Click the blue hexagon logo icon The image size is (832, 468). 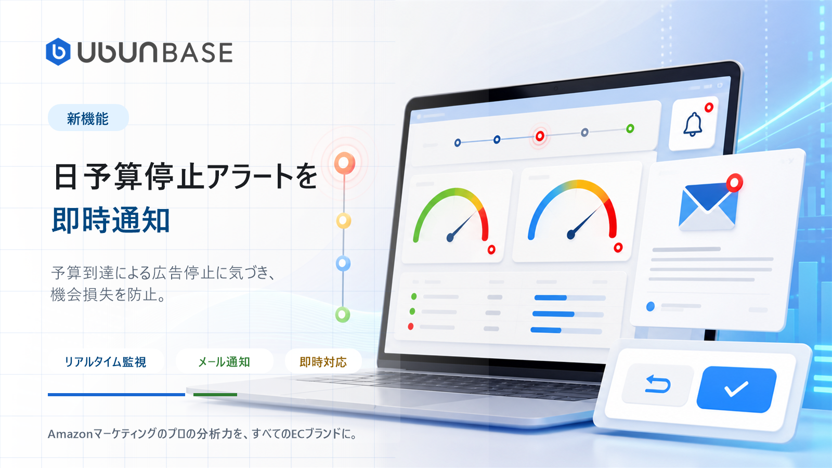(58, 51)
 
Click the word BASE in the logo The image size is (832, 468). (197, 53)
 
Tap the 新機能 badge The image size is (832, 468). (88, 118)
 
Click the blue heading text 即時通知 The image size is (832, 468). (111, 220)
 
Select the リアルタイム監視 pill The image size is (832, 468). (106, 361)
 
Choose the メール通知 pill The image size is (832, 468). (224, 361)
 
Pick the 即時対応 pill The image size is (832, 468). (323, 361)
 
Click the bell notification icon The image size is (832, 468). (693, 124)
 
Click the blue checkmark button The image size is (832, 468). (736, 389)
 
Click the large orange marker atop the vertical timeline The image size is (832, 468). (344, 163)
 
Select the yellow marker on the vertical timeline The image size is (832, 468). (344, 221)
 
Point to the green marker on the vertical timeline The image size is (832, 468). (343, 315)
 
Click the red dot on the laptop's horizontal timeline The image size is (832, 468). (540, 136)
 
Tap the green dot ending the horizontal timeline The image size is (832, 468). (630, 128)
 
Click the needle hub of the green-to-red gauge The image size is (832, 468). (450, 237)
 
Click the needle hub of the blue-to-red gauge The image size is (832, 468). (571, 235)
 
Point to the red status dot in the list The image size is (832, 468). (410, 327)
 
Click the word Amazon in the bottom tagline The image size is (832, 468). (70, 434)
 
